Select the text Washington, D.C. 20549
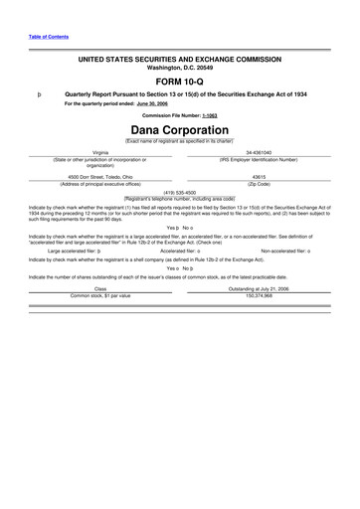point(179,68)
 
